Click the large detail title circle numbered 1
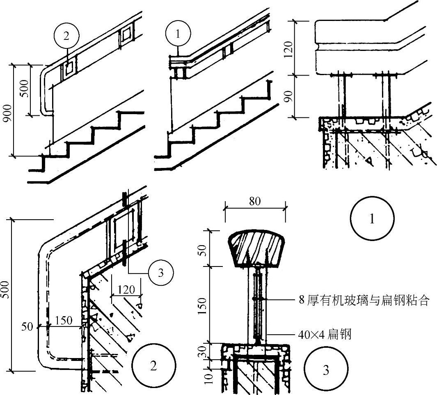click(x=372, y=219)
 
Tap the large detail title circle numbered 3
click(x=326, y=370)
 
